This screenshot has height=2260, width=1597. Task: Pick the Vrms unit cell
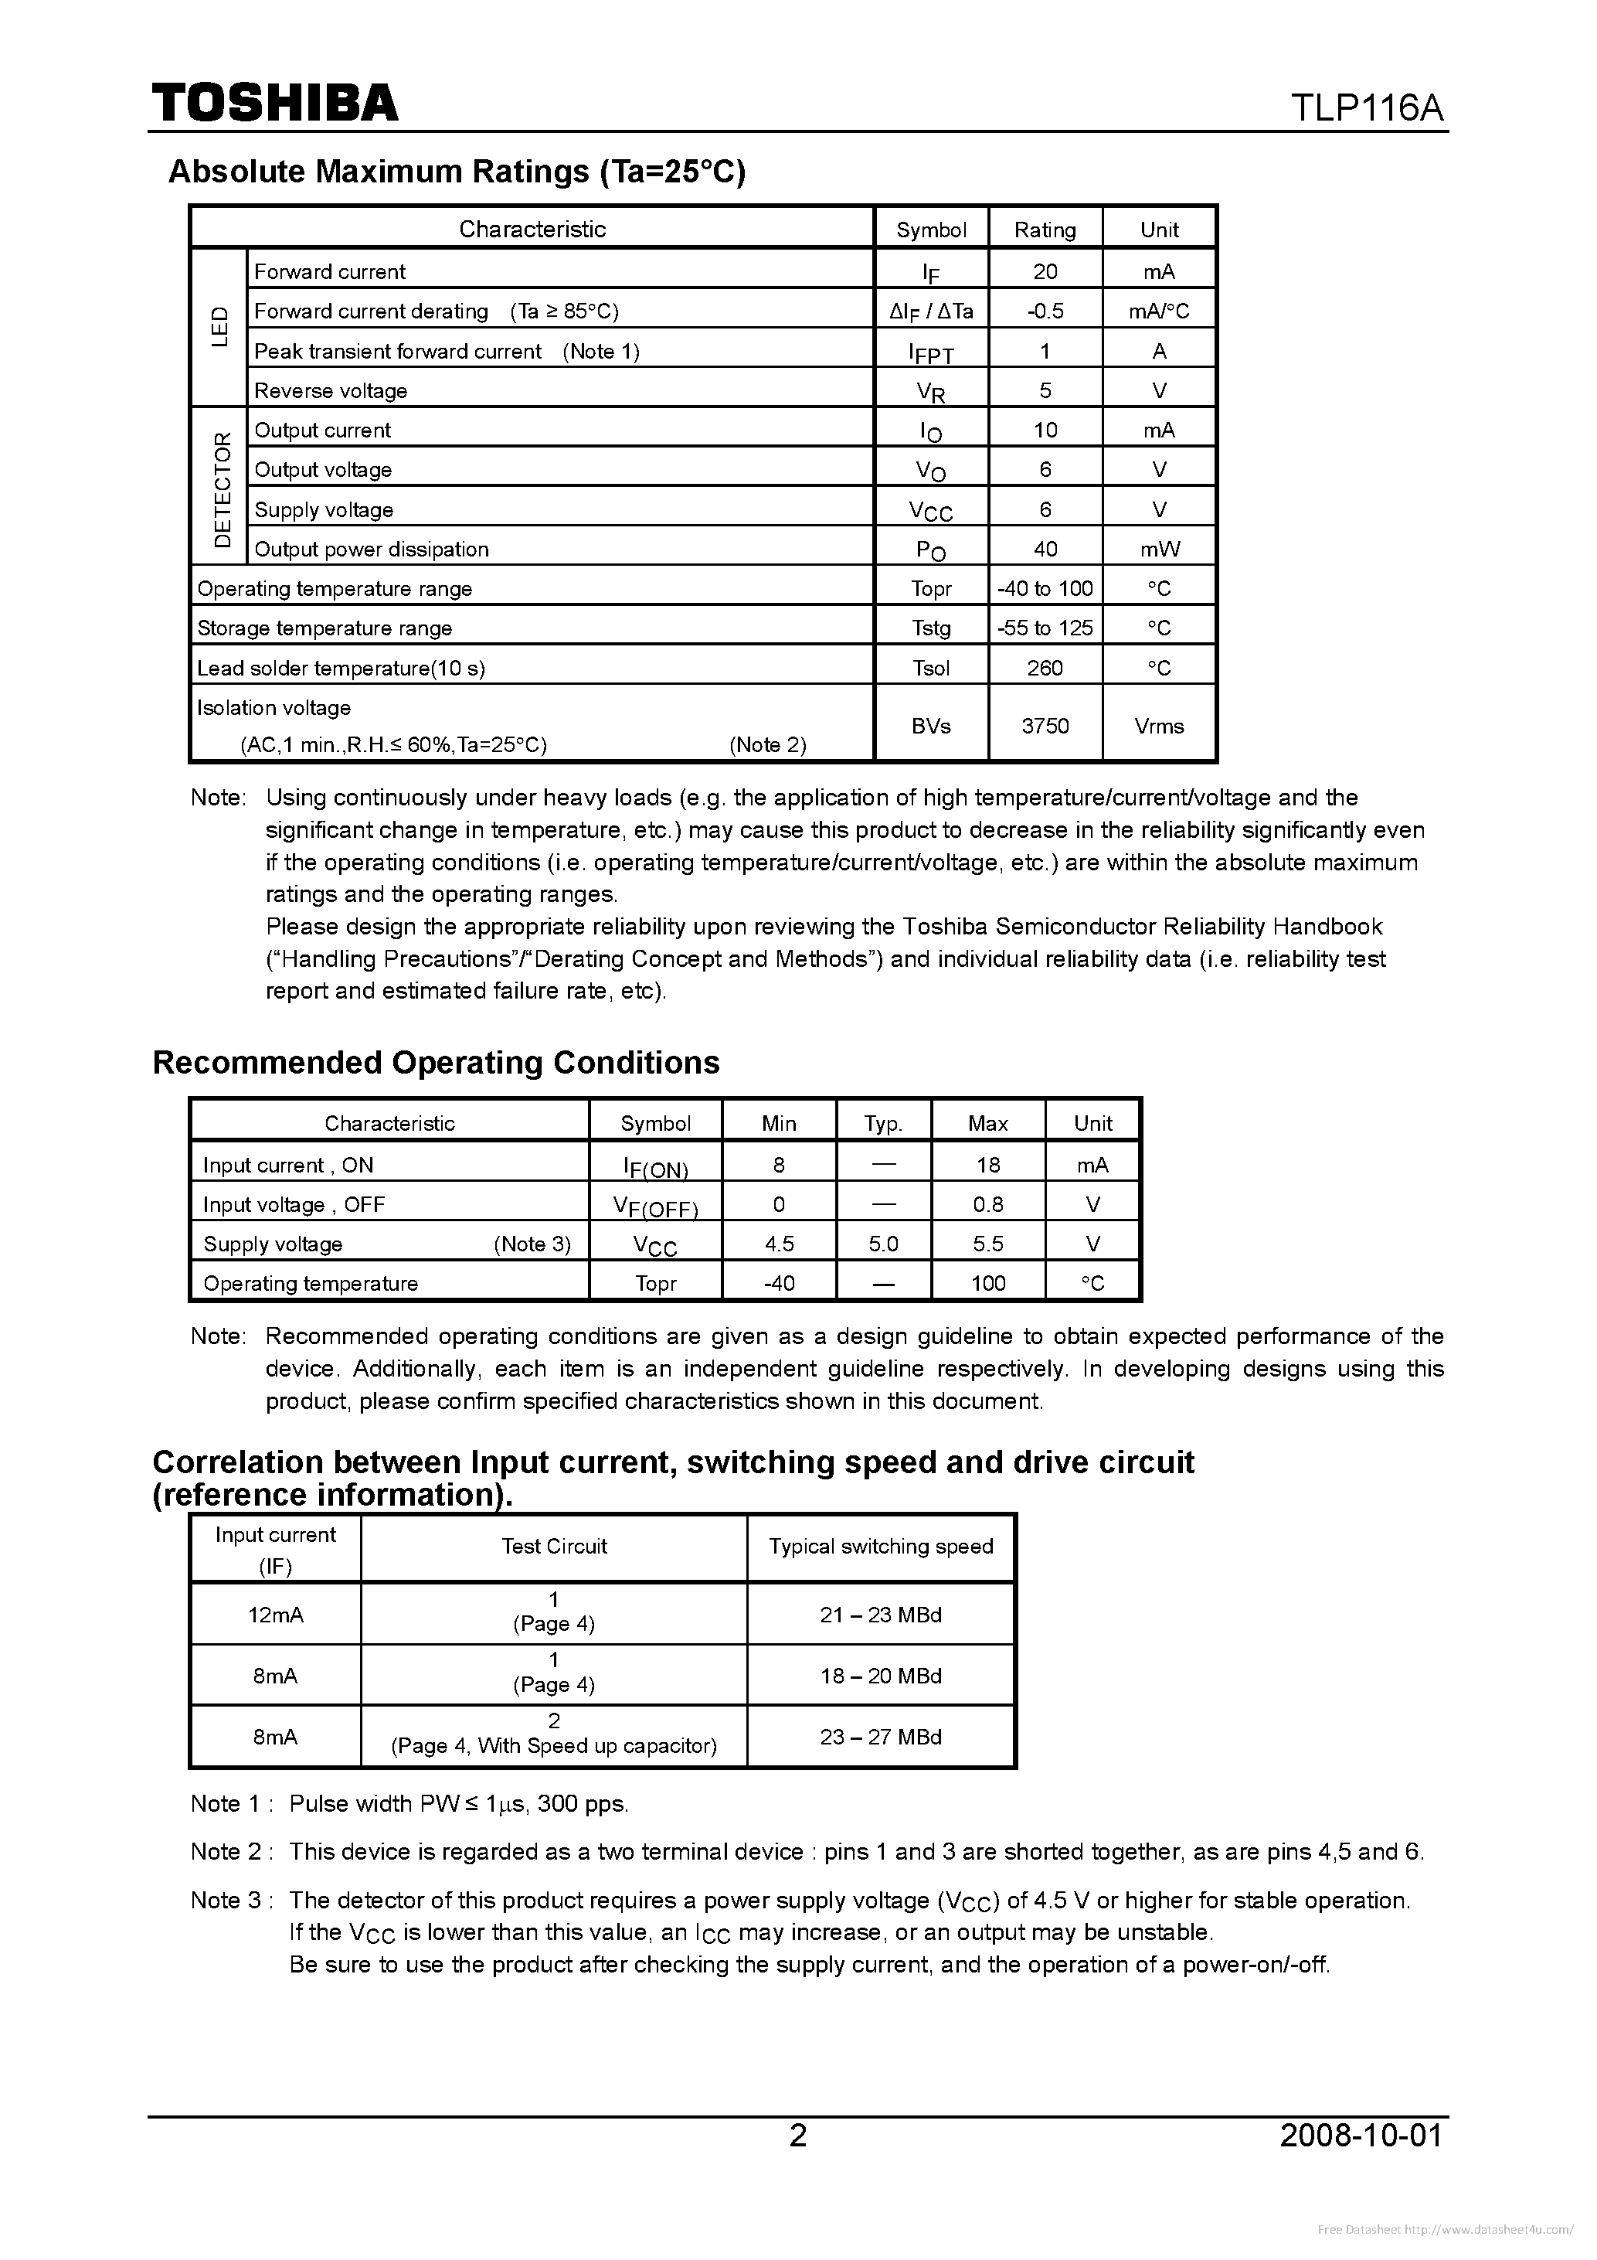pos(1158,726)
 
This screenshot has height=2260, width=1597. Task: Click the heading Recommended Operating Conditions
pos(436,1063)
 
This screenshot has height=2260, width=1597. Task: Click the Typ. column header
pos(882,1123)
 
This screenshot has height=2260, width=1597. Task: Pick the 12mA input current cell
pos(276,1615)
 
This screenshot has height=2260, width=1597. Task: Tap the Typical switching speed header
pos(881,1547)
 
